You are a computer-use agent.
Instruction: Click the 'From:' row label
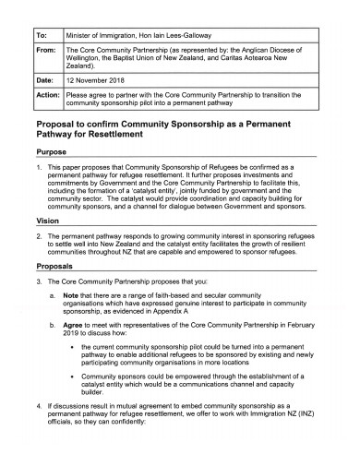pos(46,54)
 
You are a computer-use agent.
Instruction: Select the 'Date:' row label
pos(45,81)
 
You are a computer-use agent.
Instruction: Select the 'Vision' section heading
pos(49,222)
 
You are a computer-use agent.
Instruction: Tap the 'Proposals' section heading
pos(58,265)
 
